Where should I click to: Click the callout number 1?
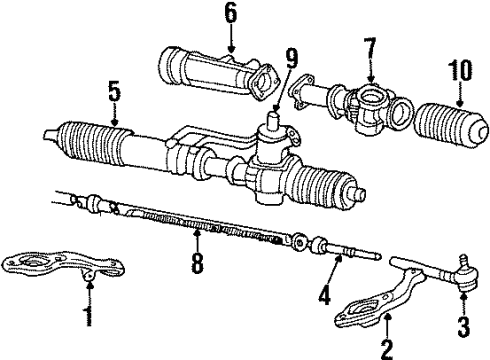point(88,316)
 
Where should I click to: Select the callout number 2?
point(387,349)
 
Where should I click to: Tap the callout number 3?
point(464,327)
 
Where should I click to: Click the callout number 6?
point(231,13)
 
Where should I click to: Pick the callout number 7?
point(370,48)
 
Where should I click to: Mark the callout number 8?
point(197,263)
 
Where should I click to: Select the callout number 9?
point(291,59)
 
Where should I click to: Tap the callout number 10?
point(460,70)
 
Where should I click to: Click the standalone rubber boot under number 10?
point(451,125)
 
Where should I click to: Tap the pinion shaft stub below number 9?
point(274,119)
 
